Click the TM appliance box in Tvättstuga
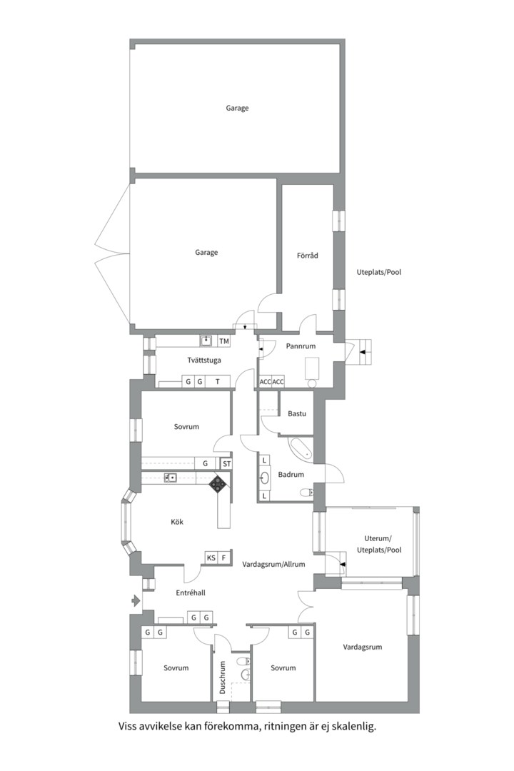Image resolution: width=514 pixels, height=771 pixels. click(x=224, y=341)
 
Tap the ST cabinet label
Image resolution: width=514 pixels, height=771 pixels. click(x=226, y=463)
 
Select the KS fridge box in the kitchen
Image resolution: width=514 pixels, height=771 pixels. click(x=211, y=558)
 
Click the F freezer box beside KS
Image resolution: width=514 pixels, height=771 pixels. click(x=224, y=558)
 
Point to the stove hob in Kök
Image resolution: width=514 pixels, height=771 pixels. click(x=218, y=484)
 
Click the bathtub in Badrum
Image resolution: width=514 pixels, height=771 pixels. click(x=300, y=448)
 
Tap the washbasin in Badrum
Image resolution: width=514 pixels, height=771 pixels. click(x=265, y=478)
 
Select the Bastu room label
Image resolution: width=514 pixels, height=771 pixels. click(x=297, y=413)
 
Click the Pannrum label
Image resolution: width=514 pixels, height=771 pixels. click(x=301, y=346)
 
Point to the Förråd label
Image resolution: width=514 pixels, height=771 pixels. click(x=308, y=255)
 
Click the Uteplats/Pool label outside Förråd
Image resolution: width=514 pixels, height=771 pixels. click(x=379, y=272)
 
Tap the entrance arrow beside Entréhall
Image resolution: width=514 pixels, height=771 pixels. click(x=136, y=600)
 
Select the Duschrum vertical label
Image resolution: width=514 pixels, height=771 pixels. click(x=222, y=677)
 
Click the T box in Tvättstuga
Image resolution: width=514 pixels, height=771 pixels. click(x=218, y=381)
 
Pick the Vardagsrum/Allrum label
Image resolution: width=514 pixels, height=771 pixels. click(x=273, y=564)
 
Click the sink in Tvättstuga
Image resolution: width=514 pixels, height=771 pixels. click(x=206, y=341)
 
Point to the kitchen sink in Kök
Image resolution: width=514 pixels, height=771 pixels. click(x=170, y=477)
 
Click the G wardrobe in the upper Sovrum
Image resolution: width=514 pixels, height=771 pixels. click(x=205, y=463)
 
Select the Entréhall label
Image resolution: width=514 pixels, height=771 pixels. click(x=191, y=593)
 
